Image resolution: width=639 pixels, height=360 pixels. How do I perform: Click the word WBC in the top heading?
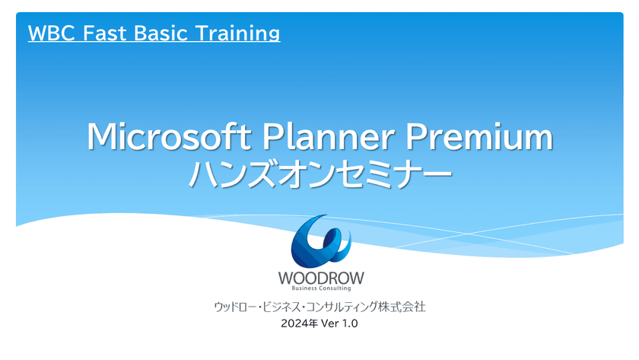coord(52,33)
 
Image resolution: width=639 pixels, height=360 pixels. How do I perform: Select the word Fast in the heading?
coord(105,33)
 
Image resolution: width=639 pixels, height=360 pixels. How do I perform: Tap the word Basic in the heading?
coord(161,33)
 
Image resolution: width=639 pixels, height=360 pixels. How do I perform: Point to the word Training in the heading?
coord(237,34)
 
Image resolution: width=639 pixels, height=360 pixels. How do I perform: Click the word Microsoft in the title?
coord(169,136)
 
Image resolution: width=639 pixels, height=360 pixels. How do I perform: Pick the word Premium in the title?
coord(479,136)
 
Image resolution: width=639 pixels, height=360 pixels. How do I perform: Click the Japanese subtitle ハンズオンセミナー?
coord(320,174)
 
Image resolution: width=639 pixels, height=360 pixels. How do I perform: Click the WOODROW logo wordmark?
coord(321,279)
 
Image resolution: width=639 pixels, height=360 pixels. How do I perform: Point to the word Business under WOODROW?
coord(304,288)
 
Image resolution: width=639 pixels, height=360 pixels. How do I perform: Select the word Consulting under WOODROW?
coord(335,288)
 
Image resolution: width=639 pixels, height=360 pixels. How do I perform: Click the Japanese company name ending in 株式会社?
coord(320,307)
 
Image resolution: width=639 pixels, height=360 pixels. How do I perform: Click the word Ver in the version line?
coord(329,323)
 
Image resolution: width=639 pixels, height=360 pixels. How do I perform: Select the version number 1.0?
coord(350,323)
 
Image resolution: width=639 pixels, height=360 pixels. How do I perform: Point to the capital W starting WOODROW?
coord(286,279)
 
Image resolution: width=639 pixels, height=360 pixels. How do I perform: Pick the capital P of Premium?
coord(415,136)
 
